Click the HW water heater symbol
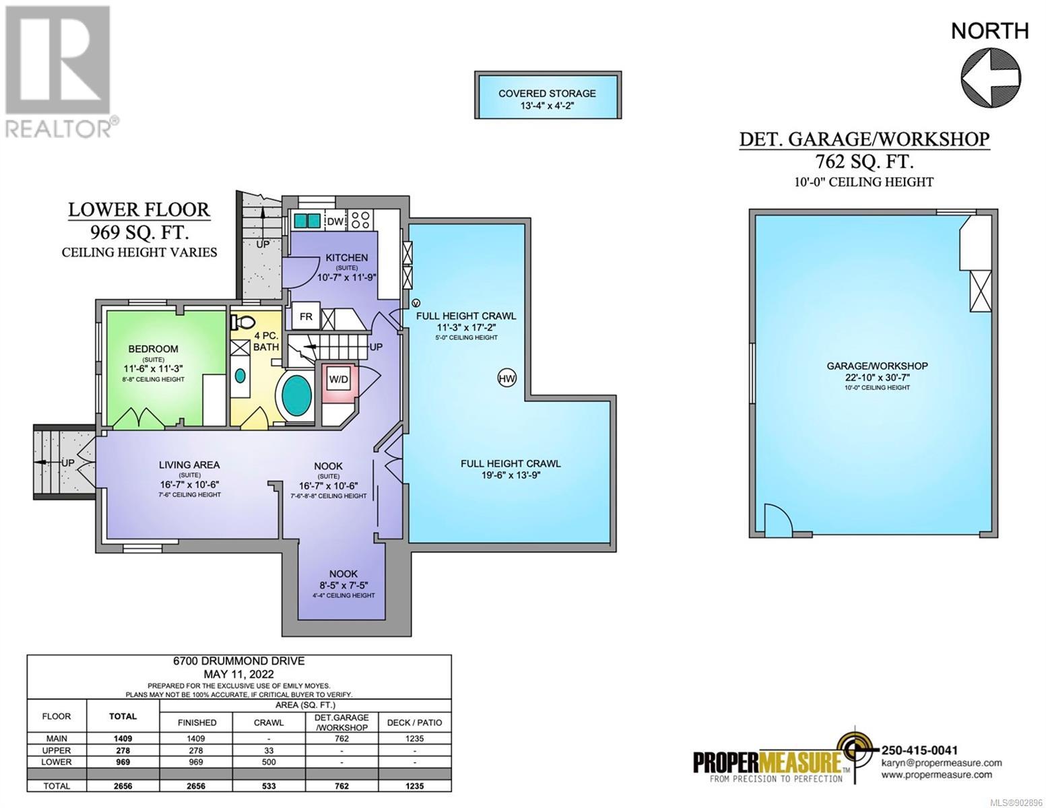point(506,378)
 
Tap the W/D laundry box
point(338,380)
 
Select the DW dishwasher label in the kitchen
point(335,222)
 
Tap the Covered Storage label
point(547,94)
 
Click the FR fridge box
point(306,316)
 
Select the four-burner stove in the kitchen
point(360,220)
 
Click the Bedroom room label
point(153,349)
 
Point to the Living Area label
point(189,465)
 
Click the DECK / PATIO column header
point(414,722)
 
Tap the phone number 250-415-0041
point(919,750)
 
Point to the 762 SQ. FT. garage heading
point(865,161)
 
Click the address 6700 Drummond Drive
point(238,661)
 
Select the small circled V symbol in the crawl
point(416,303)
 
